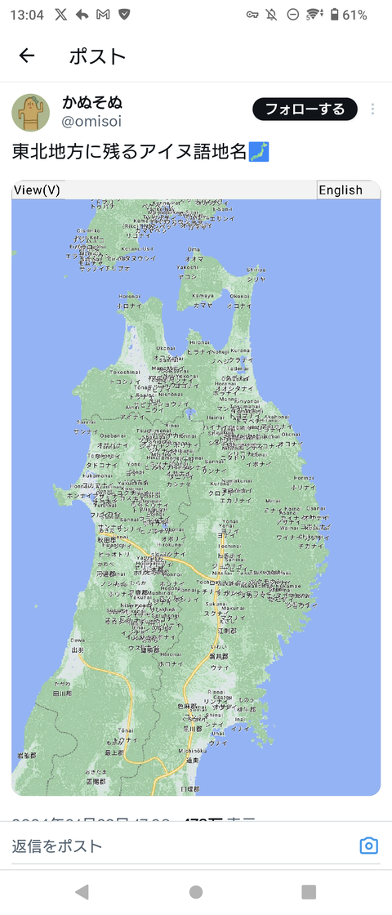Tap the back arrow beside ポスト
[27, 56]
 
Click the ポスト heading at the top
[97, 56]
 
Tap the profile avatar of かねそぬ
[31, 112]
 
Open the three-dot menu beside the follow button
[372, 109]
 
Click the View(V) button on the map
[38, 190]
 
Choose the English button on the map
[341, 190]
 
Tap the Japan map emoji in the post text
[259, 151]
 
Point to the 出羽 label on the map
[78, 649]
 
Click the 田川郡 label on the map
[62, 693]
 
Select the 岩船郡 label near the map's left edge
[26, 756]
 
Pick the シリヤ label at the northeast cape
[256, 278]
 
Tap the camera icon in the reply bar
[368, 846]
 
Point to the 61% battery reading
[354, 15]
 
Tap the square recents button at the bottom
[309, 891]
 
